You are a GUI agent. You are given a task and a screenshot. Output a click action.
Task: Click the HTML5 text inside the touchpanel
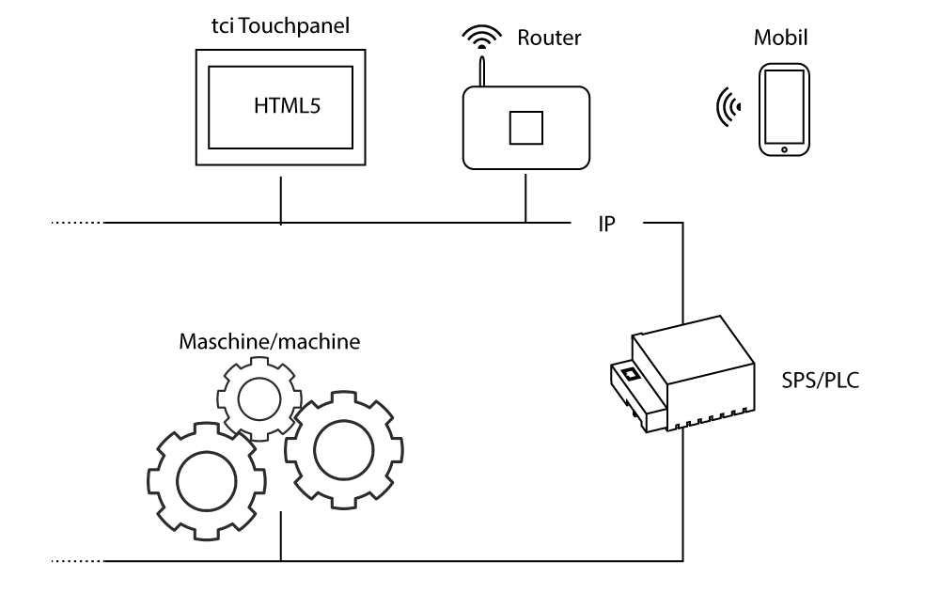(x=289, y=106)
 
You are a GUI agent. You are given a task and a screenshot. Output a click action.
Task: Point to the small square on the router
(x=525, y=127)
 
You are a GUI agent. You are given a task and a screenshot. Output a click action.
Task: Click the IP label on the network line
(x=607, y=226)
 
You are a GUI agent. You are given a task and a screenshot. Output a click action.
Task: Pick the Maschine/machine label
(x=269, y=340)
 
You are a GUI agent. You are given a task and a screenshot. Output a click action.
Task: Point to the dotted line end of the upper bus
(x=75, y=224)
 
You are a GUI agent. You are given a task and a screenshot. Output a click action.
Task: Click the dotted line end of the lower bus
(x=75, y=561)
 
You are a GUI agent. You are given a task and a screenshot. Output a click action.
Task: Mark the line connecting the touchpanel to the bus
(x=280, y=201)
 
